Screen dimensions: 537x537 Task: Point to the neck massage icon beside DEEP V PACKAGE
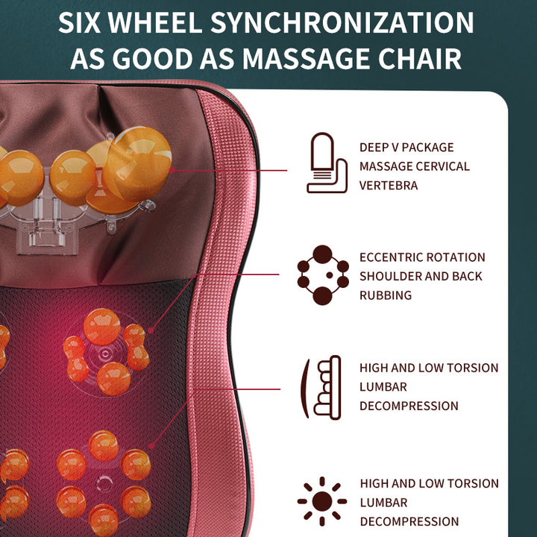(327, 163)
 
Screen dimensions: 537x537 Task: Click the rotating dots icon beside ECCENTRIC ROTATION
(323, 275)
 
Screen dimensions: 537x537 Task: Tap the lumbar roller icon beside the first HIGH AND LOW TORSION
(321, 386)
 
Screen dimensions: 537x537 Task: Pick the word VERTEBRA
(389, 186)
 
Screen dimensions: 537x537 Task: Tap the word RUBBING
(386, 295)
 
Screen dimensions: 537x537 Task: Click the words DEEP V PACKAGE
(406, 147)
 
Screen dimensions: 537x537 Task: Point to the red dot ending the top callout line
(172, 170)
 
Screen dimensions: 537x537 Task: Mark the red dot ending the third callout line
(152, 446)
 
